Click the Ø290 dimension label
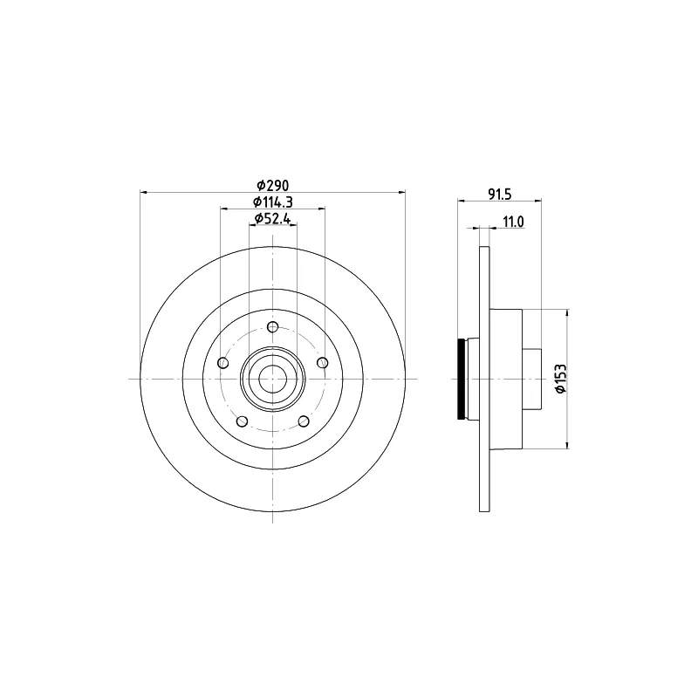(x=273, y=184)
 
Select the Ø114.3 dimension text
(x=273, y=202)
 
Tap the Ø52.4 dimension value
(x=272, y=219)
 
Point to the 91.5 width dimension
(x=499, y=195)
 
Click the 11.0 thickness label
(x=513, y=222)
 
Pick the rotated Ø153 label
(x=560, y=379)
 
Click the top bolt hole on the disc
(x=272, y=327)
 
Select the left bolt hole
(x=223, y=363)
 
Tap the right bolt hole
(x=322, y=363)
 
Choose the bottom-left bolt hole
(x=243, y=421)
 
